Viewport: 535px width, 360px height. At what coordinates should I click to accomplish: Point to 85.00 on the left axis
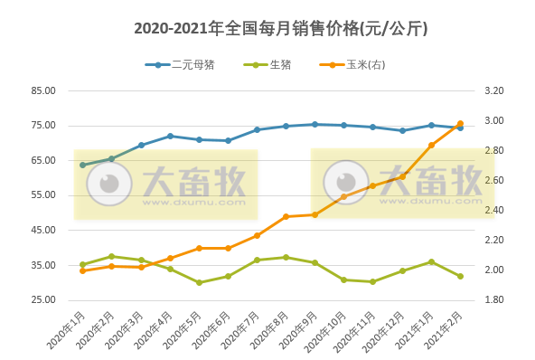point(43,90)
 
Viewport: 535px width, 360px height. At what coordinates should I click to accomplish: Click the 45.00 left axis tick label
point(43,230)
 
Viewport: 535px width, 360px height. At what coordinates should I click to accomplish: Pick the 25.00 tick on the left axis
point(43,299)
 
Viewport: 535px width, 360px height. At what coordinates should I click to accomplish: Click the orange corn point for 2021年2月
point(460,124)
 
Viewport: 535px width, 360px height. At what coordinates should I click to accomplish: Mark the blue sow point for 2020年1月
point(82,165)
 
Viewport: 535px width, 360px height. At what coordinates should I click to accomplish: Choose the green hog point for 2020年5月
point(199,282)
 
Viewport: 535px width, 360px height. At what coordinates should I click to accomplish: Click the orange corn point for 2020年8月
point(286,216)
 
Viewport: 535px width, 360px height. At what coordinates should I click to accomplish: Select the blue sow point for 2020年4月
point(170,136)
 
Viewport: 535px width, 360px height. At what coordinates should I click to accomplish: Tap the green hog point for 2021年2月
point(460,276)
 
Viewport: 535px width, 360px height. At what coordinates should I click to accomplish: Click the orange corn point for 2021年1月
point(431,145)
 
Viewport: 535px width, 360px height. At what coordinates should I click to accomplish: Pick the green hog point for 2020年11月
point(373,281)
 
